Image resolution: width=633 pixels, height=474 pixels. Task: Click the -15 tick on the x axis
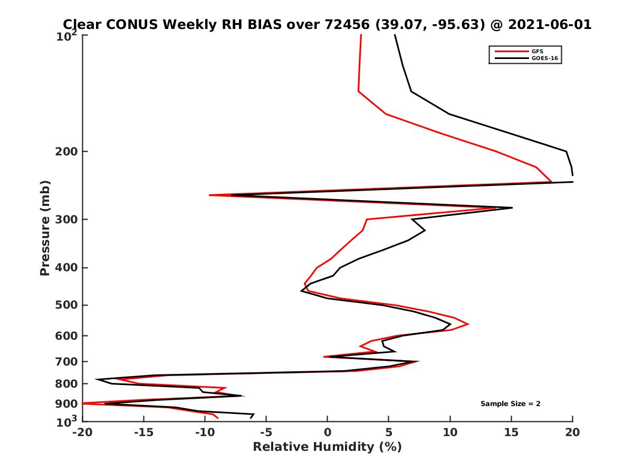click(143, 433)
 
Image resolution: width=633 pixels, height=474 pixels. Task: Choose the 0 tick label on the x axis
click(328, 433)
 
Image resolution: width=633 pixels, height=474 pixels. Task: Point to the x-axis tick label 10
click(450, 433)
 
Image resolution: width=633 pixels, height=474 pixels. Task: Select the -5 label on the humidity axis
click(266, 433)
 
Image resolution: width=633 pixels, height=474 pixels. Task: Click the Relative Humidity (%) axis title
click(327, 447)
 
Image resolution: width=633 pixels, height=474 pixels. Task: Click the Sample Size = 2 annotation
click(510, 404)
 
